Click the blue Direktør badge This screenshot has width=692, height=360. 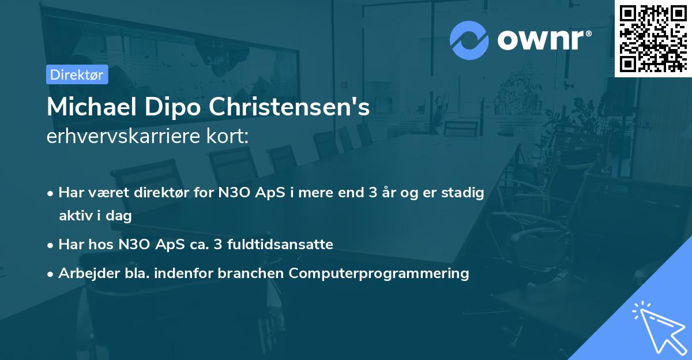[x=77, y=74]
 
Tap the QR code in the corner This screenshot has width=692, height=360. [x=653, y=38]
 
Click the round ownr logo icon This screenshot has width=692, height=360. [x=469, y=40]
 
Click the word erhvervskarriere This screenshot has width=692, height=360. [x=125, y=136]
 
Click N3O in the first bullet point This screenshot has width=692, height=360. [x=231, y=193]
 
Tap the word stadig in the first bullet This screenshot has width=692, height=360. [x=464, y=193]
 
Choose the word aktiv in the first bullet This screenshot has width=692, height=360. [x=74, y=216]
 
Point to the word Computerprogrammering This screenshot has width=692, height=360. [x=379, y=273]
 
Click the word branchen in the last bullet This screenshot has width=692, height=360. [x=251, y=273]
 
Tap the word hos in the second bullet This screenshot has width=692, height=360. [x=103, y=244]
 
